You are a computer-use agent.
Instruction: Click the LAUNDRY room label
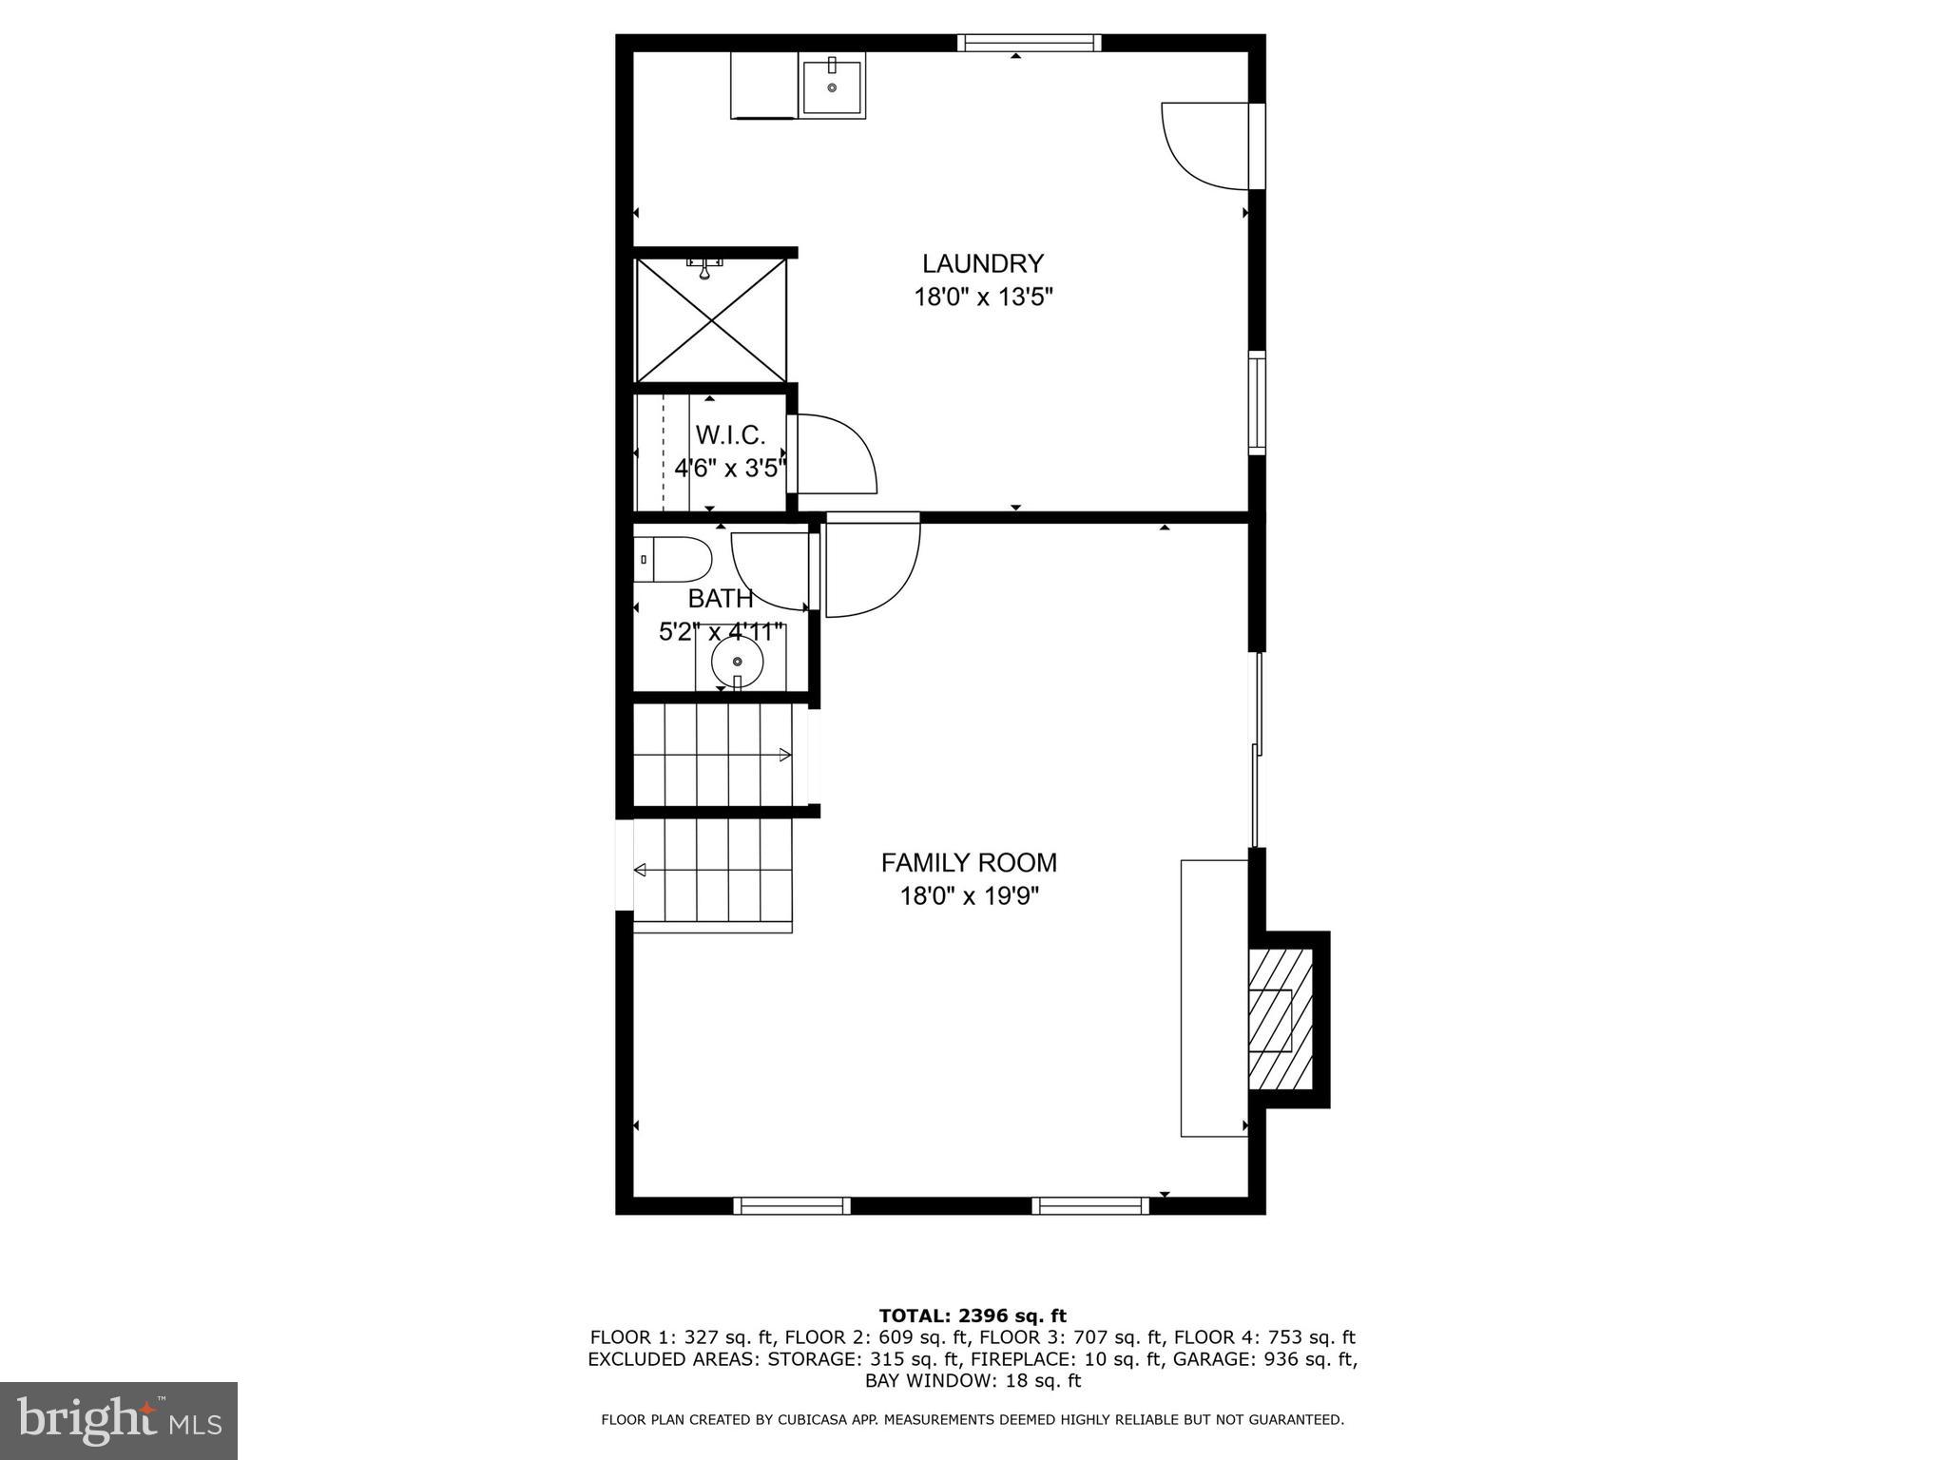click(983, 263)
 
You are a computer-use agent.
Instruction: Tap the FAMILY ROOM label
click(968, 862)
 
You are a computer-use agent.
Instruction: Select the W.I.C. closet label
click(730, 435)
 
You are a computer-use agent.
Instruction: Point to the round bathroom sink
click(737, 661)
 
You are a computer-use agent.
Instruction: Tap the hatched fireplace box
click(1280, 1019)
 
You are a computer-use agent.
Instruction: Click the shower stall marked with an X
click(711, 320)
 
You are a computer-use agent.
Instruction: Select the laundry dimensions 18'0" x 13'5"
click(983, 298)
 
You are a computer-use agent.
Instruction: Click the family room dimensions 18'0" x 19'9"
click(969, 895)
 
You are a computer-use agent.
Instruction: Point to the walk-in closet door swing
click(835, 454)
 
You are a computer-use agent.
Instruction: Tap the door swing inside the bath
click(770, 570)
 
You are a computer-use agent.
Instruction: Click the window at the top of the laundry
click(1029, 43)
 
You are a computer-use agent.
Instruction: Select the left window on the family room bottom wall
click(792, 1205)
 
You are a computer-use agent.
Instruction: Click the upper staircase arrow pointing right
click(784, 755)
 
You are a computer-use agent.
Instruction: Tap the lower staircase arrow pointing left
click(641, 869)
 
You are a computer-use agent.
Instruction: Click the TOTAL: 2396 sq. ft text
click(972, 1316)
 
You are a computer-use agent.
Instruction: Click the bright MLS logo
click(119, 1420)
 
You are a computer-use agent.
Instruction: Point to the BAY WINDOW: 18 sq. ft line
click(972, 1380)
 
